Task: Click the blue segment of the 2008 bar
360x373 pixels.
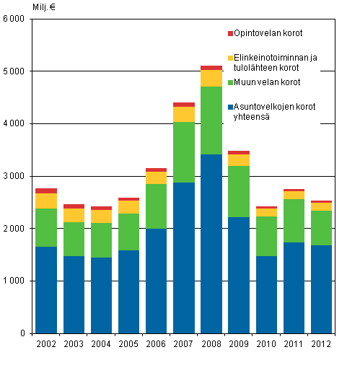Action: click(x=211, y=243)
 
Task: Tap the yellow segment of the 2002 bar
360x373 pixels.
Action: click(x=46, y=201)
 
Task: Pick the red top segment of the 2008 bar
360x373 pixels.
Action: click(x=211, y=68)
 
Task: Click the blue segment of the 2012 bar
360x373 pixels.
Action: click(x=321, y=289)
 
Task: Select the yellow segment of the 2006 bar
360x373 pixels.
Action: click(x=157, y=177)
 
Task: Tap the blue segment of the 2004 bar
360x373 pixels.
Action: click(x=102, y=295)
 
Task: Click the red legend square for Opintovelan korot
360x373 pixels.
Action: click(x=230, y=33)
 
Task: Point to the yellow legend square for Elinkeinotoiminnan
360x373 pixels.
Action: click(x=230, y=57)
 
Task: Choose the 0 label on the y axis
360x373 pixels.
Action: click(x=25, y=333)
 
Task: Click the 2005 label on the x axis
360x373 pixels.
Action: click(x=129, y=345)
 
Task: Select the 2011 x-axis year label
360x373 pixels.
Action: click(x=294, y=345)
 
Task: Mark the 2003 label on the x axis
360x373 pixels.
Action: click(x=74, y=345)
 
